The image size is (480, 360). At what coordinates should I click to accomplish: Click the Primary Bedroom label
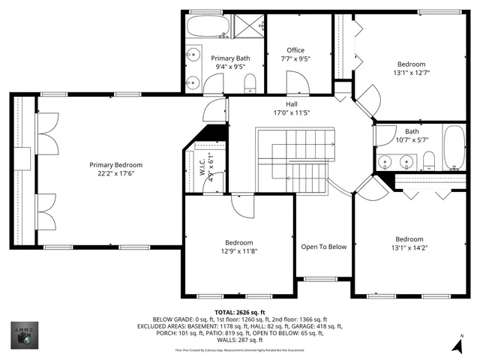point(116,165)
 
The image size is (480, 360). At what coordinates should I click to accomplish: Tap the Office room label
point(295,50)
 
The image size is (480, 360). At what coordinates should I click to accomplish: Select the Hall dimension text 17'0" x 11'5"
point(292,113)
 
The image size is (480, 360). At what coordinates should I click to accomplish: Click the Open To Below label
point(323,247)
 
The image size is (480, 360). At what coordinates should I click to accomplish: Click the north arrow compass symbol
point(457,344)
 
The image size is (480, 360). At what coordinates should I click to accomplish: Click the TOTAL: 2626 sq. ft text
point(239,312)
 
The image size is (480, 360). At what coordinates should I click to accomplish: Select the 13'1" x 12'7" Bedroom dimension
point(411,73)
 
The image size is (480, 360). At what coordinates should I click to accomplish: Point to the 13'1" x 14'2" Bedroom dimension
point(409,249)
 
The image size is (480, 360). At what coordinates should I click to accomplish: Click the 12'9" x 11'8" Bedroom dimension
point(239,252)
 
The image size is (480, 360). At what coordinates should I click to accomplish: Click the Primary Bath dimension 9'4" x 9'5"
point(229,67)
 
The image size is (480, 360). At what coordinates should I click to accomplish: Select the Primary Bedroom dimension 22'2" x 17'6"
point(116,173)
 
